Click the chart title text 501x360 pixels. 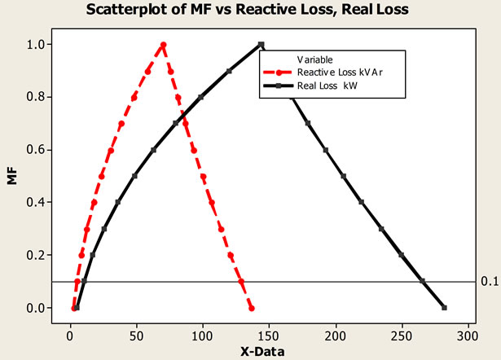[250, 11]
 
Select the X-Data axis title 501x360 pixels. [262, 351]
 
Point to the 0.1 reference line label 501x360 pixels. [489, 282]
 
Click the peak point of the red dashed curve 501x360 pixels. [163, 45]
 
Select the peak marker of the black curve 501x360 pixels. [261, 45]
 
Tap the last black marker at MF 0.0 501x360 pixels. [444, 308]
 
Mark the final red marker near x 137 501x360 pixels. [252, 308]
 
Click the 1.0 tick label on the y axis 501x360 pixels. [47, 45]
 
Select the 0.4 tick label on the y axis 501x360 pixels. [47, 203]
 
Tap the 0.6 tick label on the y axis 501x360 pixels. [47, 150]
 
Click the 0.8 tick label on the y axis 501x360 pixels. [47, 97]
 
